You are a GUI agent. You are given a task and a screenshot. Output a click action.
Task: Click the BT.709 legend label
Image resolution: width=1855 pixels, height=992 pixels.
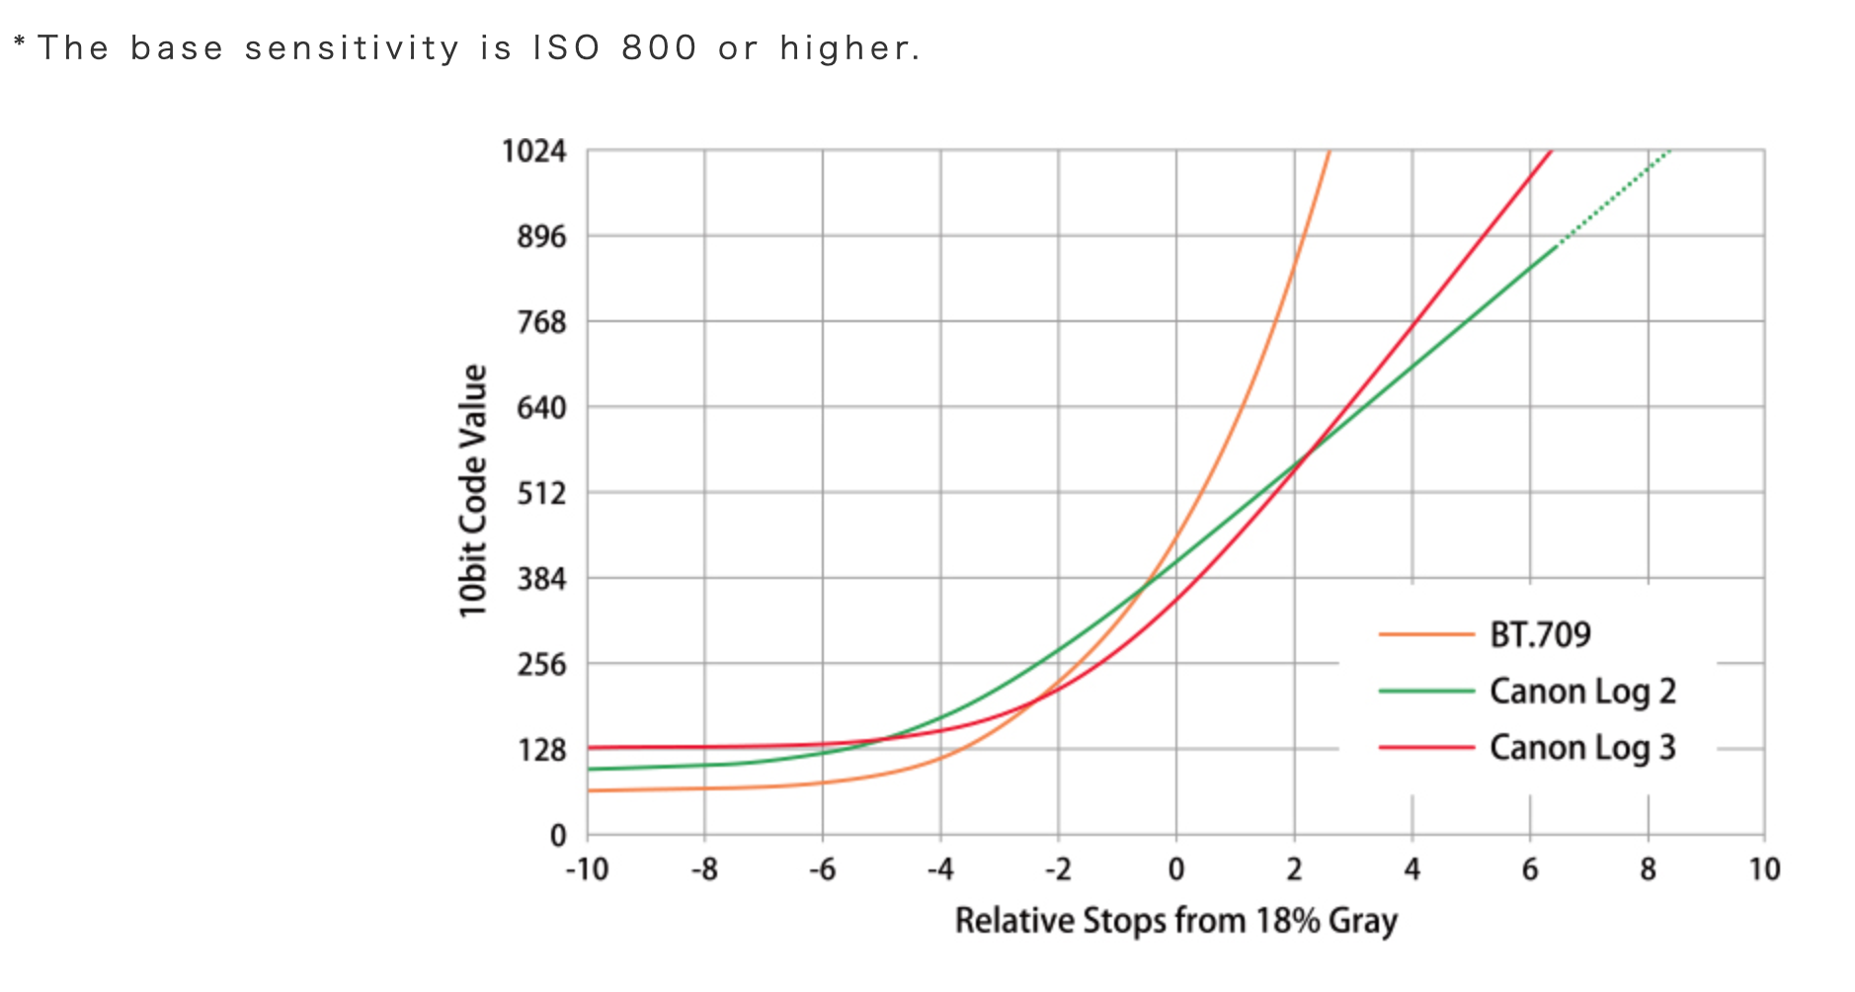[x=1539, y=634]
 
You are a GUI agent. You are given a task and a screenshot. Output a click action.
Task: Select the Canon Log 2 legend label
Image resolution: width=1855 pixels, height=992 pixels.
[x=1582, y=692]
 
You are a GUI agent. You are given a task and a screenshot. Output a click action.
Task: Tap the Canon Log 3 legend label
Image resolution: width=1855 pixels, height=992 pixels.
[x=1582, y=748]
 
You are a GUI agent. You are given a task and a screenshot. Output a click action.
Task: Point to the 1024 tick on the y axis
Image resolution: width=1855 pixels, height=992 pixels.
[x=534, y=151]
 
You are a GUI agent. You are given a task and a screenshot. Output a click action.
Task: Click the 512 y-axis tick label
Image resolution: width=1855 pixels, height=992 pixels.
[x=541, y=493]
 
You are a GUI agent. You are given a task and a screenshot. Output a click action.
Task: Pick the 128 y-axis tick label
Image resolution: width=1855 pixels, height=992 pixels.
[x=541, y=750]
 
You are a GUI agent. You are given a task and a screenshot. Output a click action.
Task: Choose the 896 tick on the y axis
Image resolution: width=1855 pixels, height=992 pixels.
[x=541, y=237]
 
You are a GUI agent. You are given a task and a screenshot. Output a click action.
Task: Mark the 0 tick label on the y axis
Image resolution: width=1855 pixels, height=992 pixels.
[x=558, y=836]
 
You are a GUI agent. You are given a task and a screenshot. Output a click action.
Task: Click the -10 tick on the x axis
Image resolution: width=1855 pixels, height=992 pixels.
[x=587, y=869]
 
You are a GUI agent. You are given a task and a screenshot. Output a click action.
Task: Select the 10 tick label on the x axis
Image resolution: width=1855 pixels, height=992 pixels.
[x=1764, y=869]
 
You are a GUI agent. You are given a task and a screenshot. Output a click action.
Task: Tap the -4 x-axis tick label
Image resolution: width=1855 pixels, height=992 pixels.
[x=939, y=869]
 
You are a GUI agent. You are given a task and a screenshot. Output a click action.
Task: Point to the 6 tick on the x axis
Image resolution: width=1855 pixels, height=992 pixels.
[x=1530, y=869]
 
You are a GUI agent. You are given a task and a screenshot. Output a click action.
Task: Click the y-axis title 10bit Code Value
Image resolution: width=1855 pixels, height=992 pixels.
[x=473, y=491]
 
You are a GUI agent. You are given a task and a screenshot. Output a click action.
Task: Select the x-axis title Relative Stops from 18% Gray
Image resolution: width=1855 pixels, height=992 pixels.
[x=1175, y=921]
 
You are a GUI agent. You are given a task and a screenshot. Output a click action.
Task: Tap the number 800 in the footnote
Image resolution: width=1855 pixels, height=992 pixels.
[x=659, y=47]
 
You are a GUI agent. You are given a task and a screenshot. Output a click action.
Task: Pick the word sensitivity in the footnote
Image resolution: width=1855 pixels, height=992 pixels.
[x=352, y=47]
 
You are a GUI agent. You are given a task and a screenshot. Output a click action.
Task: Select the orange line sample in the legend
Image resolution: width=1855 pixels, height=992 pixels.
[x=1425, y=634]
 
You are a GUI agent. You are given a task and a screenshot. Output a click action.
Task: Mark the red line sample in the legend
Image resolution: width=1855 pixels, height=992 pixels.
[x=1425, y=748]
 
